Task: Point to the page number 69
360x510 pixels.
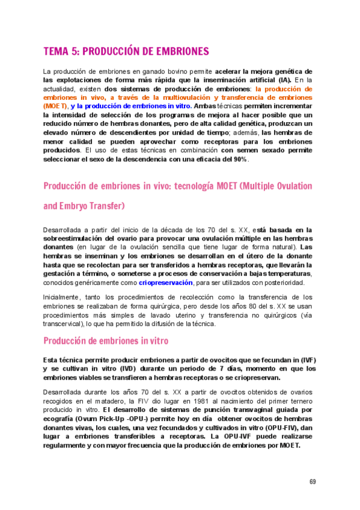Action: coord(313,481)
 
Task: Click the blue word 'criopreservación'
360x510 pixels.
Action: coord(166,282)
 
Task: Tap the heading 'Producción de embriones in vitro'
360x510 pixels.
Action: coord(106,341)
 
